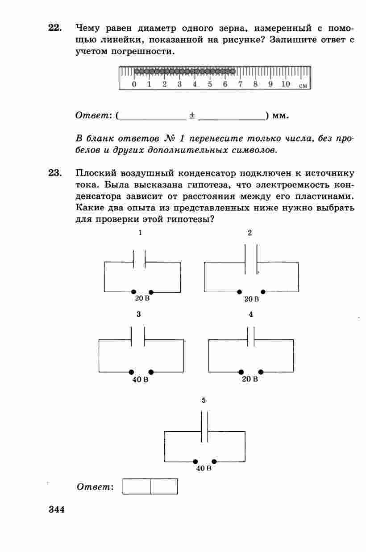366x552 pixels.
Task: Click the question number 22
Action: (54, 28)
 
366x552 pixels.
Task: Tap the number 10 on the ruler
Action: (285, 84)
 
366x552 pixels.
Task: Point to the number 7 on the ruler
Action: (240, 84)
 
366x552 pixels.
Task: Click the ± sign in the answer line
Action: (191, 116)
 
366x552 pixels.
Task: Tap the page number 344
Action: (57, 510)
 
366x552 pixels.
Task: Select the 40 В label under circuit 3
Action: (140, 380)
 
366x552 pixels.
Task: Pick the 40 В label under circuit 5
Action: (204, 469)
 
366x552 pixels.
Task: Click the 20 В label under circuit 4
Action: (250, 380)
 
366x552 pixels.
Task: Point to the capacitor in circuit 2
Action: (251, 260)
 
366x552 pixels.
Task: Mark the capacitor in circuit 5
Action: (204, 427)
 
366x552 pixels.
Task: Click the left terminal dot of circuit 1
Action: (133, 292)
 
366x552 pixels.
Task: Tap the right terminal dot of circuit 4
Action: (261, 372)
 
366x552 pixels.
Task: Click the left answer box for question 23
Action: (137, 487)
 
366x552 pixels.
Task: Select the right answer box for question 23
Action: (164, 487)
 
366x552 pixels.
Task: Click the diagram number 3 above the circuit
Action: (139, 314)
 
